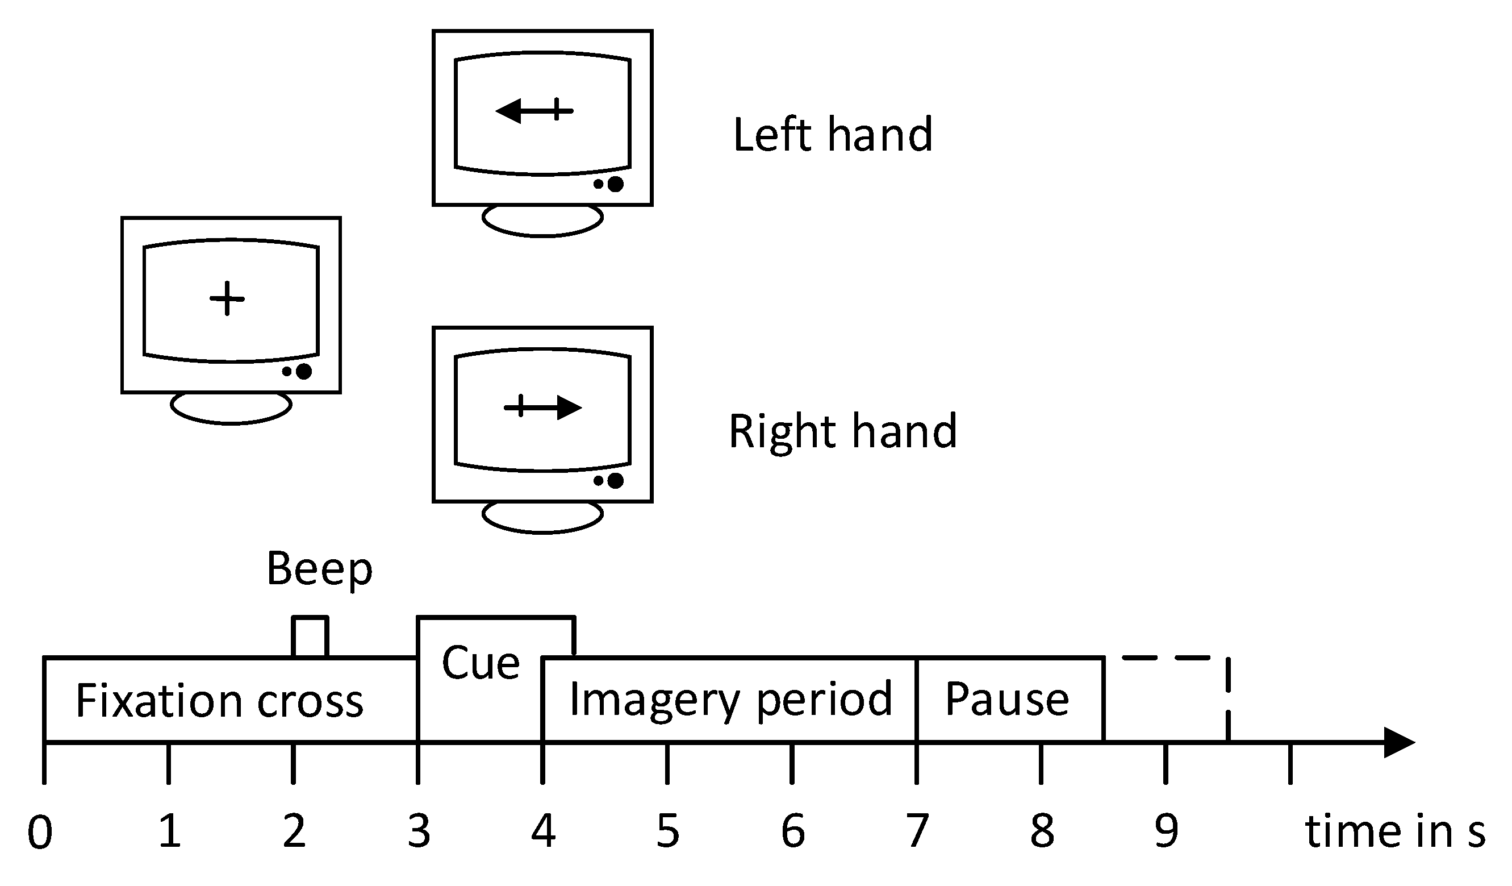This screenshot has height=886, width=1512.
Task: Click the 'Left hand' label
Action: [832, 135]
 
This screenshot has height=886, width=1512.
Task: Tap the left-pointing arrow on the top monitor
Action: [534, 110]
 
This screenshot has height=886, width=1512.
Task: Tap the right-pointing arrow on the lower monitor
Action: [543, 407]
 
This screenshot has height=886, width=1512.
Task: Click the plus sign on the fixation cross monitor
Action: [227, 298]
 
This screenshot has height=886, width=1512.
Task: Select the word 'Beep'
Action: [319, 568]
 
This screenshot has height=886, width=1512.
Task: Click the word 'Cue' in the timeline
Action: [481, 663]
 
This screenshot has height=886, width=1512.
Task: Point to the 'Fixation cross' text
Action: [220, 701]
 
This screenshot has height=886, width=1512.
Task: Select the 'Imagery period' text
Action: [730, 700]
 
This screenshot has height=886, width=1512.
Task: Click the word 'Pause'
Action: [1007, 700]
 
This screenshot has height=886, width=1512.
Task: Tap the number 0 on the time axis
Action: [40, 832]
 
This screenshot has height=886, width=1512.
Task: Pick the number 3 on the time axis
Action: [419, 832]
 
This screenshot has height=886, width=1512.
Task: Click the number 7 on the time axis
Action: [917, 832]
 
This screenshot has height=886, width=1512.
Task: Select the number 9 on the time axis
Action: [1167, 832]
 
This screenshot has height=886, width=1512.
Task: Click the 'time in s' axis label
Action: [1394, 832]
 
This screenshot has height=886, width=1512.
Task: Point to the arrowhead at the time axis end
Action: [1402, 743]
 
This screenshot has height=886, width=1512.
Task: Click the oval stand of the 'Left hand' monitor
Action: [542, 221]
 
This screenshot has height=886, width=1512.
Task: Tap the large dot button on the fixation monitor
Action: [304, 372]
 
